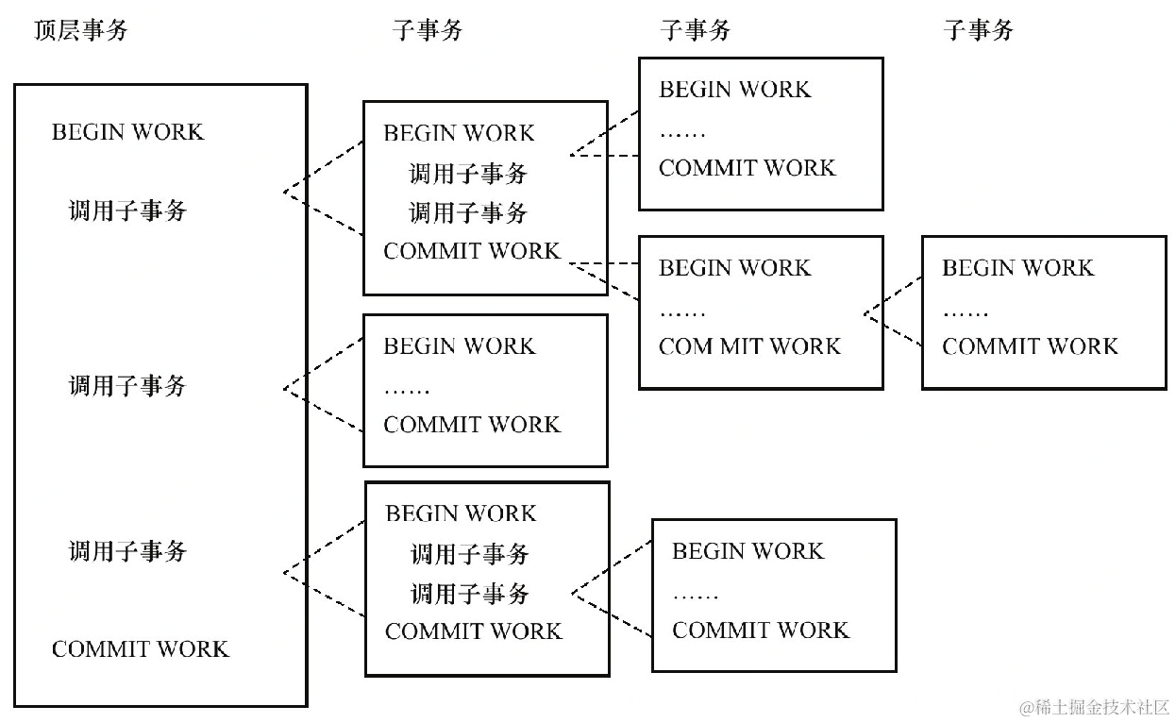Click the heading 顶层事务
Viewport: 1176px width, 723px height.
tap(80, 30)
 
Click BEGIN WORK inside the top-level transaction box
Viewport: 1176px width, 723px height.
tap(127, 131)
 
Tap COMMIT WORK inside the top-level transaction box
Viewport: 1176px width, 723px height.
tap(140, 649)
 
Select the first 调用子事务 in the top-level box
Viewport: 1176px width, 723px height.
tap(127, 210)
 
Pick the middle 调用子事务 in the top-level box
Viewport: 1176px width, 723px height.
tap(127, 385)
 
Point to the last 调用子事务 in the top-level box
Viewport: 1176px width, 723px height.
tap(127, 551)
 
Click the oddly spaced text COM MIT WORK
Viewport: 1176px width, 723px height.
tap(749, 346)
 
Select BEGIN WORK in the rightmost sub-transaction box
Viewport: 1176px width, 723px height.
tap(1017, 268)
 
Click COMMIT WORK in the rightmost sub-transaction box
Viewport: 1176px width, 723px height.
tap(1030, 346)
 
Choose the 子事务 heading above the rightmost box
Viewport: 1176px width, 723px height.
tap(978, 30)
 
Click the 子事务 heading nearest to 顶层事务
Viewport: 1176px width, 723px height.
tap(428, 30)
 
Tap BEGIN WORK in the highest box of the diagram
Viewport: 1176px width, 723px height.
tap(734, 90)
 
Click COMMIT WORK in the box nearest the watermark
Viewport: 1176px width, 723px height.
tap(761, 630)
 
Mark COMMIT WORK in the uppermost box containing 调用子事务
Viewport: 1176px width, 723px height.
tap(472, 251)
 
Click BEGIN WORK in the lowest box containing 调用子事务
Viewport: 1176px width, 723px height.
tap(461, 513)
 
